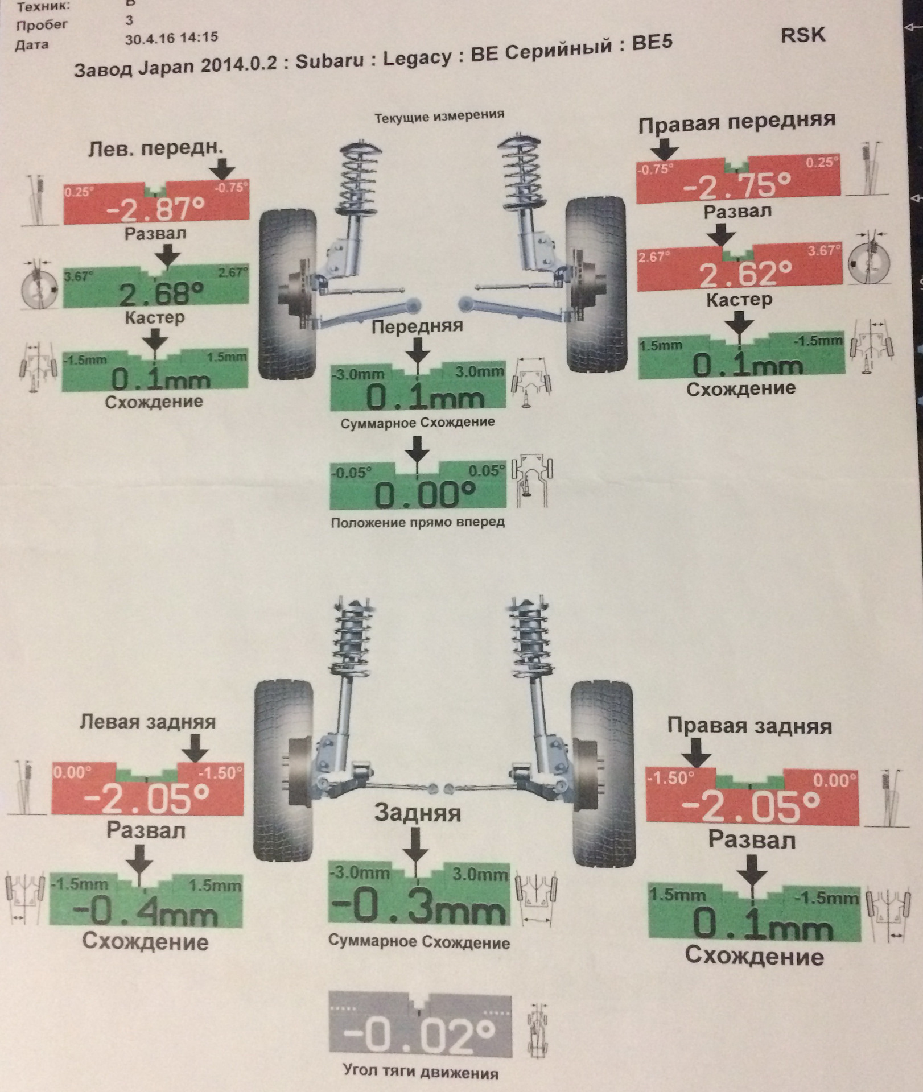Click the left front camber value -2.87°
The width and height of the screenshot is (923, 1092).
[155, 209]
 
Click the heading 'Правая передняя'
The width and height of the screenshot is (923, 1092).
[737, 122]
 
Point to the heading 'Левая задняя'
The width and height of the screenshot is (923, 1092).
[148, 722]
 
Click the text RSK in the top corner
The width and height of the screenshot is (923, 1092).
[802, 35]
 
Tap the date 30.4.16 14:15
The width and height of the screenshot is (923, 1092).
[171, 38]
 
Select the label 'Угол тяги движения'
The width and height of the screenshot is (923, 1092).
[421, 1073]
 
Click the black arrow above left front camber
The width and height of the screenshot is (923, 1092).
[222, 168]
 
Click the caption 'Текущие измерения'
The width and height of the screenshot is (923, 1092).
[439, 117]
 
